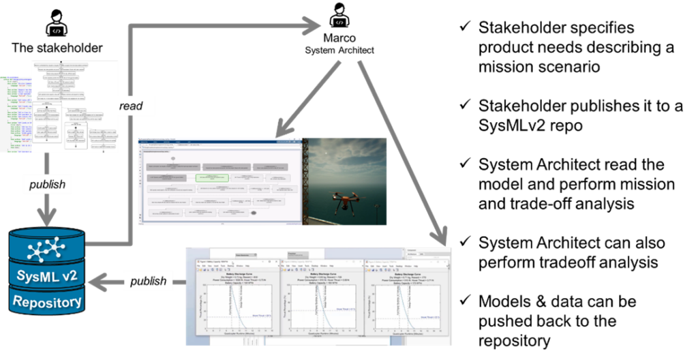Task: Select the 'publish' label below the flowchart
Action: (x=46, y=184)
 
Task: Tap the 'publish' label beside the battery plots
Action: (x=148, y=281)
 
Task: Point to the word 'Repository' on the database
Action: (x=46, y=301)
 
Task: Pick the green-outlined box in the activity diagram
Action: (x=215, y=177)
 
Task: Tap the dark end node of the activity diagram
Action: (x=254, y=213)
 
